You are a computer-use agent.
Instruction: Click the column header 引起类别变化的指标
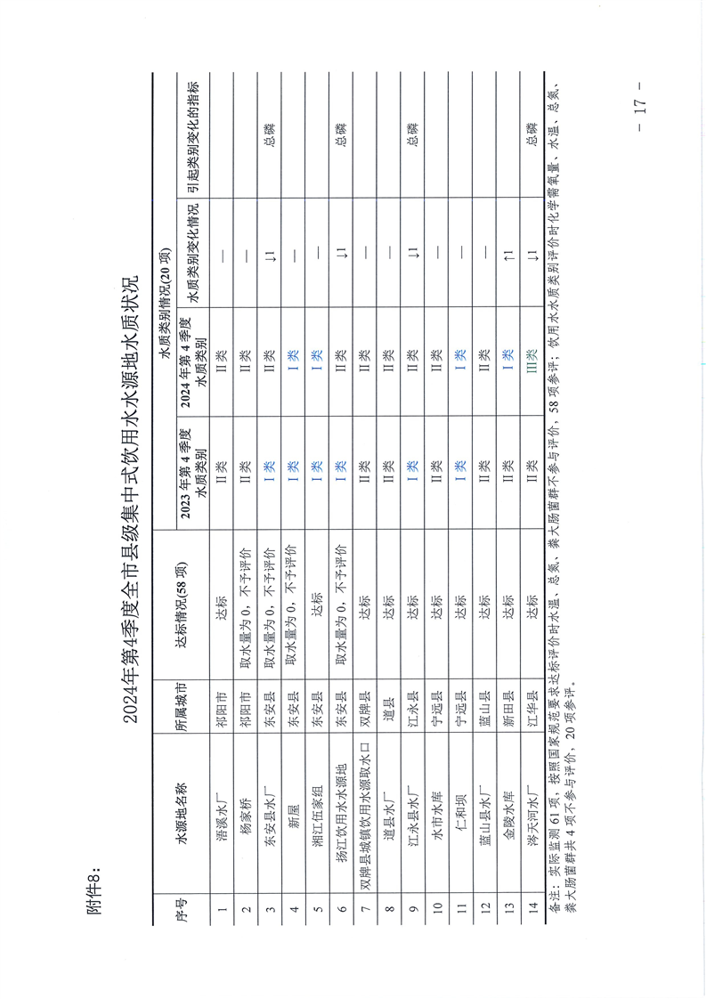tap(192, 134)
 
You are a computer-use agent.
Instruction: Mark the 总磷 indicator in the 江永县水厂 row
tap(411, 134)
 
